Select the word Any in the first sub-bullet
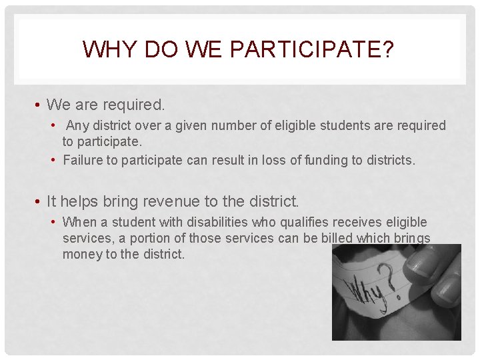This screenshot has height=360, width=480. click(x=77, y=125)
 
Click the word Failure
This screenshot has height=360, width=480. click(x=83, y=160)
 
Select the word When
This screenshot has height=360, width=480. click(x=79, y=222)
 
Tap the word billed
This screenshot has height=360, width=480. click(x=319, y=238)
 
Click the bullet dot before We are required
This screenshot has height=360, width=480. click(x=40, y=105)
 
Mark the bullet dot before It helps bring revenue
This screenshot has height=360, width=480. click(x=40, y=201)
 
